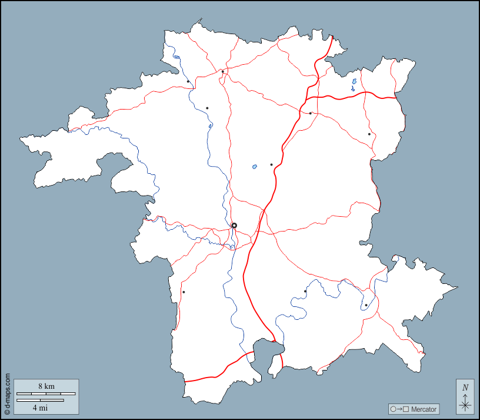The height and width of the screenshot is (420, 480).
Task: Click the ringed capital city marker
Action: [x=234, y=226]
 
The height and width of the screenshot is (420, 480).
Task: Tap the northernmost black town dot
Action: [x=223, y=72]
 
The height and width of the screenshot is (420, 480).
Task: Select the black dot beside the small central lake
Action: [x=271, y=164]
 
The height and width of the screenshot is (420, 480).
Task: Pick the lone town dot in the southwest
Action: [x=184, y=292]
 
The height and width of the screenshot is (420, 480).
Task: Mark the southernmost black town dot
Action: [x=365, y=305]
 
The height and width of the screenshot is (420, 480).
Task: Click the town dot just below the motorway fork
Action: [x=311, y=113]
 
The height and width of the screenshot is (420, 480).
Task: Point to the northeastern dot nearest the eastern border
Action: [x=369, y=134]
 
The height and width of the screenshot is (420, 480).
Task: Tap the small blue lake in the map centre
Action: [x=255, y=167]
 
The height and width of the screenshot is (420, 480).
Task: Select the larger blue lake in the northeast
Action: [x=354, y=82]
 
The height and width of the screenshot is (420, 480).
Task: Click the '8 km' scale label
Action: [x=46, y=386]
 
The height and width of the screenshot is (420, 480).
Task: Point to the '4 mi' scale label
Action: [x=40, y=407]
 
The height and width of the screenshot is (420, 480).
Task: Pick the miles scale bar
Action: [x=40, y=400]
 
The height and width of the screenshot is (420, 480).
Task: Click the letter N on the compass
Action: [x=465, y=387]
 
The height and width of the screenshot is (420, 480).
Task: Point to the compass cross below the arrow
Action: [x=465, y=405]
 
